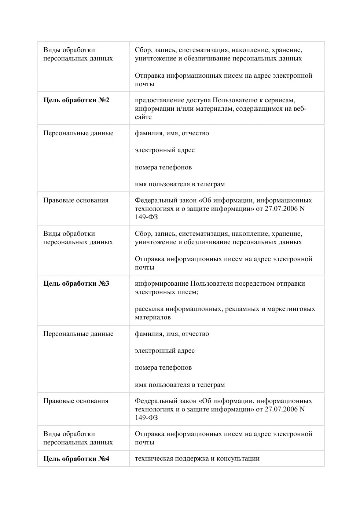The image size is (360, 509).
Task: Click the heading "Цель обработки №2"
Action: click(x=76, y=100)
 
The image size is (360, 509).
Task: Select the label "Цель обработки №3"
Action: click(x=76, y=283)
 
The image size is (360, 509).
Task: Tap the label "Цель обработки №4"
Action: click(x=76, y=459)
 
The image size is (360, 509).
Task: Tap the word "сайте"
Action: click(x=143, y=117)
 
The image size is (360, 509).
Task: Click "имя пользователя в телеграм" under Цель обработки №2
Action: click(x=180, y=184)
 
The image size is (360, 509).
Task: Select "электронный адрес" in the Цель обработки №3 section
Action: click(x=165, y=351)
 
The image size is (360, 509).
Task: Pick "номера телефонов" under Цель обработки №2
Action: click(x=163, y=167)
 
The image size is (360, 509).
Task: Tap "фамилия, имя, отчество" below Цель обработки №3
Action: click(x=172, y=334)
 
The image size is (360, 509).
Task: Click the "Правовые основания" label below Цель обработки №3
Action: click(x=76, y=401)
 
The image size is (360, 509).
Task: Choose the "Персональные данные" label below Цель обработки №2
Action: click(x=78, y=133)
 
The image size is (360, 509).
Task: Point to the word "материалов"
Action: click(x=153, y=318)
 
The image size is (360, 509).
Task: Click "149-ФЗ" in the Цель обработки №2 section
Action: click(x=146, y=217)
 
